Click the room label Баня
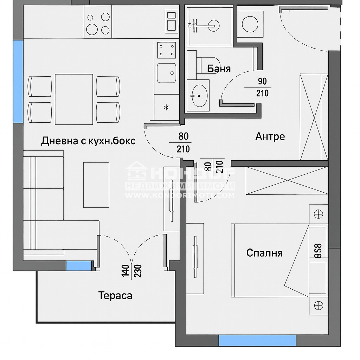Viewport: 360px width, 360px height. pos(219,68)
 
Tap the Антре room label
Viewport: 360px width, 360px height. pos(270,136)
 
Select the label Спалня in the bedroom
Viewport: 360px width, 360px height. pos(264,252)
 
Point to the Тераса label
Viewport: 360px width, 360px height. pos(115,295)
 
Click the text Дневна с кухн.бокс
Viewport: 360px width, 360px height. pos(88,141)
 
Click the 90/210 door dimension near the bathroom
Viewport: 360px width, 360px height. pos(262,87)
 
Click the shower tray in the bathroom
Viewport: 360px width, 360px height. pos(209,25)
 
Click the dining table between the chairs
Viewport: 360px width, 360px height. pos(74,99)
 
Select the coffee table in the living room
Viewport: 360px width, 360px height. pos(96,185)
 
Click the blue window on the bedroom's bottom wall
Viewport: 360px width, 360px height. pos(257,340)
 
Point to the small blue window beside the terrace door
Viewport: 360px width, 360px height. pos(78,266)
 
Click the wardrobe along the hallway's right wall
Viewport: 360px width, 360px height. pos(314,117)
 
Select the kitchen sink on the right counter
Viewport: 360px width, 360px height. pos(166,73)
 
